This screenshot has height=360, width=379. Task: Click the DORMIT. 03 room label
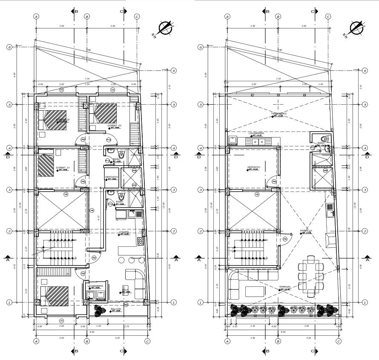[115, 126]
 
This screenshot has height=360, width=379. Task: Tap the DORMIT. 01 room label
[62, 168]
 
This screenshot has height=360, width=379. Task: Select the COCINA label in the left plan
[124, 232]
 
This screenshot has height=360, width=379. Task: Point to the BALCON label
[116, 309]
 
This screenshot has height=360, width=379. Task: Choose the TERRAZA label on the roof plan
[285, 287]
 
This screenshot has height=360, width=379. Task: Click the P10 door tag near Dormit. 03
[109, 140]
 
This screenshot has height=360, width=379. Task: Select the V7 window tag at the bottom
[61, 320]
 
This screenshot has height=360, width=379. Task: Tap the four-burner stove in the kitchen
[140, 241]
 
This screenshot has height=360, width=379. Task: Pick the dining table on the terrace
[310, 275]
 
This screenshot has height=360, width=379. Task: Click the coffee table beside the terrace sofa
[255, 291]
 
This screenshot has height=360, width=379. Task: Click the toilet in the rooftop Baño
[324, 138]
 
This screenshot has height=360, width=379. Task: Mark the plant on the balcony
[99, 310]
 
